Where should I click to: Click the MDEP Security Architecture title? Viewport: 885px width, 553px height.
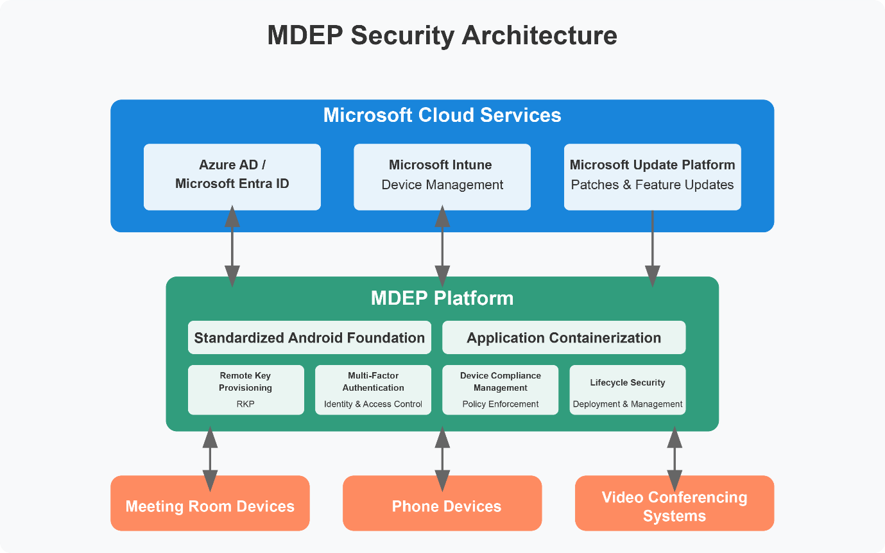(442, 36)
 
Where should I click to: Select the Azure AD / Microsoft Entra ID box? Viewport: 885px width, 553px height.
(232, 176)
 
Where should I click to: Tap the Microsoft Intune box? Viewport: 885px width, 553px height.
(442, 176)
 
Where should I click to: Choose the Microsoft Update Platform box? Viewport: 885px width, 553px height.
(652, 176)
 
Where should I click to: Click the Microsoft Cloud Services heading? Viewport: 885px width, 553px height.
(442, 115)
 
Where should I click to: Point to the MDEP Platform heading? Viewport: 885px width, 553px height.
(442, 298)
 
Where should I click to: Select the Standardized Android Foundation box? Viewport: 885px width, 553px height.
(309, 337)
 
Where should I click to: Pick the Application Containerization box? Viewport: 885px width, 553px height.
(563, 337)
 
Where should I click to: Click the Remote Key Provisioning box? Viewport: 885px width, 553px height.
(246, 389)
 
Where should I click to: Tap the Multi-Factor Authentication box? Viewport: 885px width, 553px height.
(373, 389)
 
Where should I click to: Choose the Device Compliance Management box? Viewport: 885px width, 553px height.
(500, 389)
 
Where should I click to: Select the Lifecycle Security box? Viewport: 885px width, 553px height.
(627, 389)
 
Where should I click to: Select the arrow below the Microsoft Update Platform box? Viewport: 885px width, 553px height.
(652, 247)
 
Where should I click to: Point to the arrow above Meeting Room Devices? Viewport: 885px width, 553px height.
(210, 459)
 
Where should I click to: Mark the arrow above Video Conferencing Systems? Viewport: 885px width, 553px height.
(674, 459)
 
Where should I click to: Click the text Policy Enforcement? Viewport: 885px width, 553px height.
(500, 404)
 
